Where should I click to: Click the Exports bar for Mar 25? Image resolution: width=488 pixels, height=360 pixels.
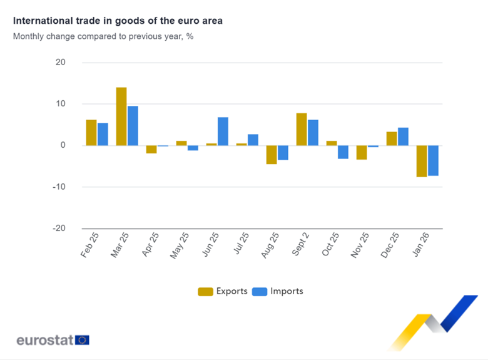click(121, 116)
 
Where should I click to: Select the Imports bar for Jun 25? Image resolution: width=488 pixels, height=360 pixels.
click(223, 131)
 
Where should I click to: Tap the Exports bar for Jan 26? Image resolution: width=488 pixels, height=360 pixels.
click(422, 161)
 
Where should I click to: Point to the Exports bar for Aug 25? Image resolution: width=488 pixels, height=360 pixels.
click(272, 155)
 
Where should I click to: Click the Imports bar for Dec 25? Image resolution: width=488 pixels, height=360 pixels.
click(403, 136)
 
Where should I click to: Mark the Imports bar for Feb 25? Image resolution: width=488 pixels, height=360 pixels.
click(103, 134)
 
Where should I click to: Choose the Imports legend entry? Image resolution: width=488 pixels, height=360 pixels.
click(278, 291)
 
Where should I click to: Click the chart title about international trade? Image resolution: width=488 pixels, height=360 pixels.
click(118, 21)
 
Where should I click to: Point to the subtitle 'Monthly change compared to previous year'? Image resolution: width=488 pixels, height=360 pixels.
click(103, 36)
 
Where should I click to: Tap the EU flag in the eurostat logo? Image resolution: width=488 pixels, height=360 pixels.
click(82, 340)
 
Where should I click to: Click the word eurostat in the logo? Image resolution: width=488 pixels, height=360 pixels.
click(45, 340)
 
